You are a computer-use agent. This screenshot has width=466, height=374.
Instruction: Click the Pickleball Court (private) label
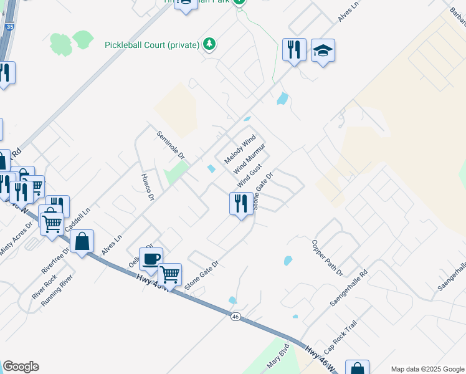coord(152,45)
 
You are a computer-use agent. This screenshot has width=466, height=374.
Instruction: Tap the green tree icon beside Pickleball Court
coord(211,44)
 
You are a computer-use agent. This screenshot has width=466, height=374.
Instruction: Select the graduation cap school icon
coord(323,50)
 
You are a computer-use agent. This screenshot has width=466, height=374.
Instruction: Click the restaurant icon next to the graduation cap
coord(294,50)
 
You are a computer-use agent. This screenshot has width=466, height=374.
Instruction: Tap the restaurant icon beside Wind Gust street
coord(241,203)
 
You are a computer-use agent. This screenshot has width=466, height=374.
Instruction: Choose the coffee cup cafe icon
coord(150,259)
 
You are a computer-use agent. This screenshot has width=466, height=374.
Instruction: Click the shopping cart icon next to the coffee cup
coord(169,274)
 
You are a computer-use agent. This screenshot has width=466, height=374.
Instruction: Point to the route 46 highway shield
coord(235,317)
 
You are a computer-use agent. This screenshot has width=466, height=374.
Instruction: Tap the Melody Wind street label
coord(239,149)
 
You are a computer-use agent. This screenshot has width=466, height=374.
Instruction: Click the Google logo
coord(21,367)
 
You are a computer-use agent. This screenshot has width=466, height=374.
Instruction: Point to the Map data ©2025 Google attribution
coord(427,369)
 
